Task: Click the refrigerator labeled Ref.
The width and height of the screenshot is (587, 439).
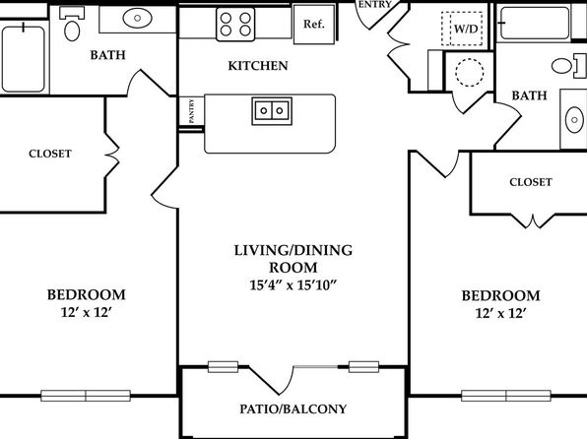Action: (x=314, y=25)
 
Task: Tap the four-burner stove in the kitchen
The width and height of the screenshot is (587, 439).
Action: (x=235, y=25)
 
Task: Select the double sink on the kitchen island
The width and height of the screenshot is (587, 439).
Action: (x=272, y=111)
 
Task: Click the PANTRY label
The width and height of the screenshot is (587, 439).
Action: (x=191, y=111)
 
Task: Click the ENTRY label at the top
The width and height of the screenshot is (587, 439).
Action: (x=374, y=5)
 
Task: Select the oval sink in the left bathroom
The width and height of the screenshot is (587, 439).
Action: (x=137, y=18)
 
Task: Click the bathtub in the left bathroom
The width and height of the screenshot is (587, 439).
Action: (x=24, y=59)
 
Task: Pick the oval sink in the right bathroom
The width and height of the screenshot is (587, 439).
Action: (x=574, y=120)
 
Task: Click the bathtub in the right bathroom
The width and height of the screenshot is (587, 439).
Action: (x=535, y=23)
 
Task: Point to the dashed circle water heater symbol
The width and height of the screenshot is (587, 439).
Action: (x=470, y=72)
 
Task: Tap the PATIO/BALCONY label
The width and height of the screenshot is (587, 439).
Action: (x=293, y=408)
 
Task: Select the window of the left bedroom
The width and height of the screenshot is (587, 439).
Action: (x=86, y=396)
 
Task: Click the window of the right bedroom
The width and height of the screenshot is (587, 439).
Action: (x=506, y=396)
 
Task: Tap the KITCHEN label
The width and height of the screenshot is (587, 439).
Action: (x=258, y=66)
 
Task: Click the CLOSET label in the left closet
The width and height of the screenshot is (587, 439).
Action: (x=50, y=154)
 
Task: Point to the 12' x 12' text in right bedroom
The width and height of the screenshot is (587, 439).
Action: (x=501, y=313)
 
